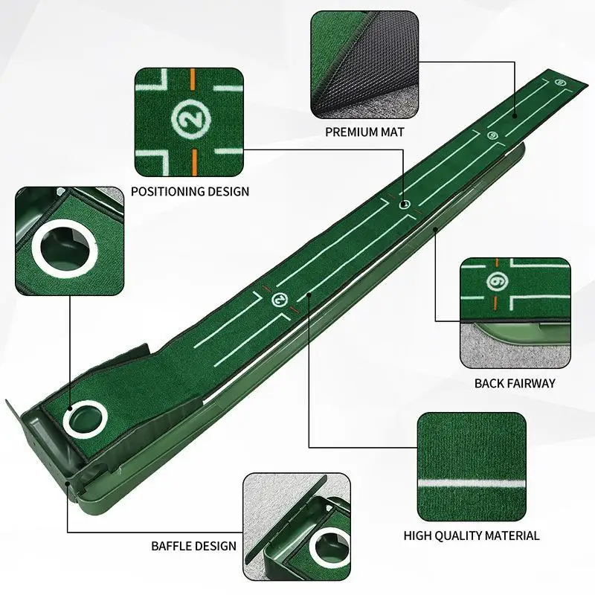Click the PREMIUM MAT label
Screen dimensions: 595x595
point(364,132)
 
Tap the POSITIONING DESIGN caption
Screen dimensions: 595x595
point(190,191)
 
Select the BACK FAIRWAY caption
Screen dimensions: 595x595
point(515,383)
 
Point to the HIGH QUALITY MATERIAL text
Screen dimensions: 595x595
point(472,535)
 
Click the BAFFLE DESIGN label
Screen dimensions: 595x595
point(193,546)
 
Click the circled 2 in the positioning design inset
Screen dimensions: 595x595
point(188,117)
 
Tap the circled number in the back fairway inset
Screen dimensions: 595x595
point(497,282)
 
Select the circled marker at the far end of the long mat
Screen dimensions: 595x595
point(559,82)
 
